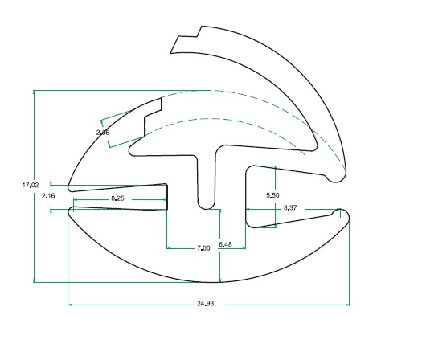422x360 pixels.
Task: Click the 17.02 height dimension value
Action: click(x=31, y=185)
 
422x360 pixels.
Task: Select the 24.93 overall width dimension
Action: click(x=205, y=304)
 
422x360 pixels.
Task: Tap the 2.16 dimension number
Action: click(x=48, y=196)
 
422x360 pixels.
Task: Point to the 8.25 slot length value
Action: click(x=117, y=198)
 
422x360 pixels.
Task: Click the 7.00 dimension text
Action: click(x=203, y=248)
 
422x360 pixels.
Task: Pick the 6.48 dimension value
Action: click(x=225, y=244)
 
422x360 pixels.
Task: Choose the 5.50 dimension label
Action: click(x=272, y=195)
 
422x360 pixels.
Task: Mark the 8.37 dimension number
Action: click(x=290, y=207)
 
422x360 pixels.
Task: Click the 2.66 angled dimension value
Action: click(x=103, y=133)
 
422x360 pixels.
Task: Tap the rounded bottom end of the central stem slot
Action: click(x=207, y=205)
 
